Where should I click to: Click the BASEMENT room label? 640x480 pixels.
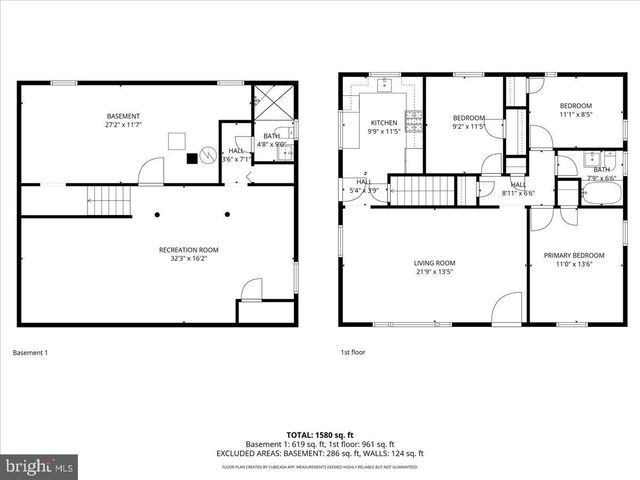[123, 116]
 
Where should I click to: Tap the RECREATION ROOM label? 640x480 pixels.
[189, 249]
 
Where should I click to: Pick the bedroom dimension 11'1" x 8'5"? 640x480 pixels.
[575, 115]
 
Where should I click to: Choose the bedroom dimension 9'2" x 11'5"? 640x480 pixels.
[468, 126]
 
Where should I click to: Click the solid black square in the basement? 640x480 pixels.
[191, 157]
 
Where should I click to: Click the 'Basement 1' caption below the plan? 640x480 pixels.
[30, 352]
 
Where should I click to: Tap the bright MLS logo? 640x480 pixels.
[40, 466]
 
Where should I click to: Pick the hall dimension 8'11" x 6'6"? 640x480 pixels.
[518, 193]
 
